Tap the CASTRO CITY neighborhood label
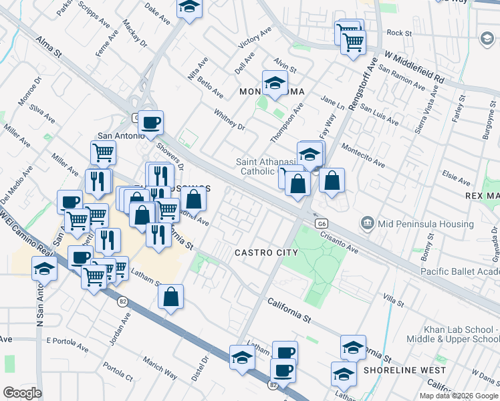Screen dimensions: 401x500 click(266, 253)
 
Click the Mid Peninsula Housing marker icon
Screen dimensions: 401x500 click(367, 222)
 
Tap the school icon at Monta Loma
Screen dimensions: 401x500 click(274, 84)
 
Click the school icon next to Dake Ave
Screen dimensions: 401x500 click(190, 8)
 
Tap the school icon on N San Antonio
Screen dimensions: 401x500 click(44, 270)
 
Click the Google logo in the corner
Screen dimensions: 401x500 click(22, 393)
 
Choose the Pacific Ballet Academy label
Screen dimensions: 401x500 click(460, 271)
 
